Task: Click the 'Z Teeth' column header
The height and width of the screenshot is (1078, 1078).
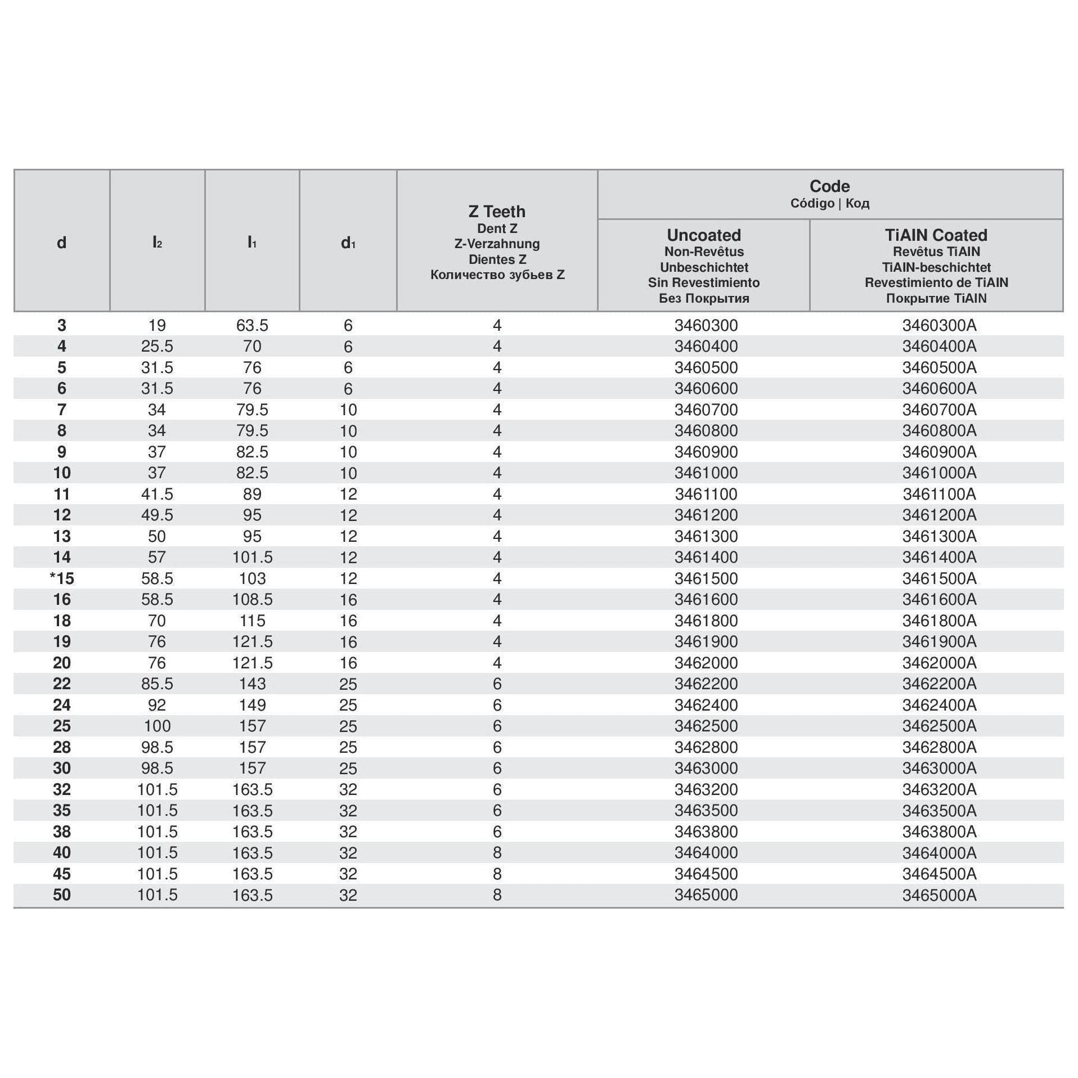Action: pos(497,212)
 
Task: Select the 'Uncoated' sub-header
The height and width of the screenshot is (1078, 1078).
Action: pos(703,235)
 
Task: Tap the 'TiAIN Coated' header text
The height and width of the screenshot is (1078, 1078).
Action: pos(936,235)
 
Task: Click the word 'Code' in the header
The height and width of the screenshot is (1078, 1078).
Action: pos(829,186)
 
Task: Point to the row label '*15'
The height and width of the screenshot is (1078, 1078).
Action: pos(62,578)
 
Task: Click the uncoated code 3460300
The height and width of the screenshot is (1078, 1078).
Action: pos(706,325)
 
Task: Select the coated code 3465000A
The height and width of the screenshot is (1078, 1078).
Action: pos(939,895)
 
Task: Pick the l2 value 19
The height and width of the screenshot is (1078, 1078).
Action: pos(157,325)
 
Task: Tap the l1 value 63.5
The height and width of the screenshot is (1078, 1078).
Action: pos(252,325)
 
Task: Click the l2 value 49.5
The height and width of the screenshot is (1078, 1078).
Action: pos(157,515)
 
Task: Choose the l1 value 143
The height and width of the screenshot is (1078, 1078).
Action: pos(252,684)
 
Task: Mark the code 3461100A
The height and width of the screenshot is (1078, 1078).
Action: pos(939,494)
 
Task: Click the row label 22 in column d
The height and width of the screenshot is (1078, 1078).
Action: pos(62,684)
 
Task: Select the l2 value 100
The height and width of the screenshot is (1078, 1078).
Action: pos(157,726)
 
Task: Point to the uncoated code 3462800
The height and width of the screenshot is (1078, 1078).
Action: pos(706,747)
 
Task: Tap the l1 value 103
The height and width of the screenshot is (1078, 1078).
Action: pos(252,578)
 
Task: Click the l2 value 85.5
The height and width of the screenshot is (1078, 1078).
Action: pos(157,684)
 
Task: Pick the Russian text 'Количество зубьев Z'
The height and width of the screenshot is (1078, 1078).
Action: pos(497,275)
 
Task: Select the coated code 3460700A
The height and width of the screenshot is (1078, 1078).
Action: pos(939,410)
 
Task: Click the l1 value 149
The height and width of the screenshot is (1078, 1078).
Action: pos(252,705)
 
